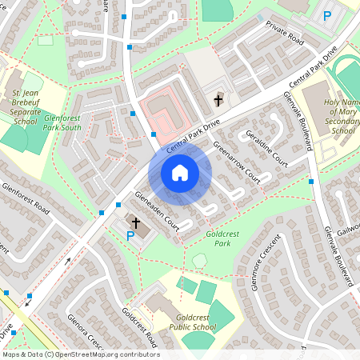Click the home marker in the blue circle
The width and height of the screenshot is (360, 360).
[180, 172]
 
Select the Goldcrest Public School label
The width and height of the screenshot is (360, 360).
[192, 322]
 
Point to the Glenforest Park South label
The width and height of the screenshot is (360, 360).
[62, 122]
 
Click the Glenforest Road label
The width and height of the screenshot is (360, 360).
[26, 200]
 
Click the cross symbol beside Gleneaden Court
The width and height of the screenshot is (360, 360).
[136, 222]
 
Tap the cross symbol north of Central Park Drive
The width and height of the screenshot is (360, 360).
[218, 101]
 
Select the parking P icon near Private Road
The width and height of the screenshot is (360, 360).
[326, 15]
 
